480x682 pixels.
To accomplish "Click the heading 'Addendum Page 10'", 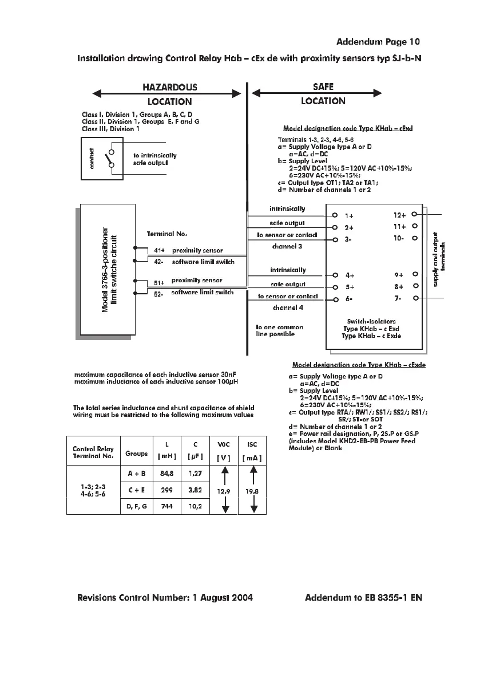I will click(x=378, y=41).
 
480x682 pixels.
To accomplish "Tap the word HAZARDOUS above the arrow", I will click(x=169, y=87).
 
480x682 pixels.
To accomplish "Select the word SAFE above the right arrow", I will click(x=323, y=86).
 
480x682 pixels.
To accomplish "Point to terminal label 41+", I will click(x=159, y=250).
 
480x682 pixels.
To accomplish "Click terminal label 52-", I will click(x=159, y=294).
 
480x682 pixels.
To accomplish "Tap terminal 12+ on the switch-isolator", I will click(x=399, y=215).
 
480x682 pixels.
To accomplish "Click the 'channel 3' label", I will click(x=288, y=247).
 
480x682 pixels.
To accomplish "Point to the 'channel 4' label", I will click(x=288, y=308).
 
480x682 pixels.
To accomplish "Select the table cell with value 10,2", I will click(x=196, y=506).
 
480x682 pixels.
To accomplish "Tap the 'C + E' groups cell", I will click(x=137, y=490).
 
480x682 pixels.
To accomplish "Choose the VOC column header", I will click(x=224, y=444).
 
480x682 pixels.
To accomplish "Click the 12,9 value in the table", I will click(x=224, y=491).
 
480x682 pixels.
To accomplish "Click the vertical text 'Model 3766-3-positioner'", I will click(x=105, y=270).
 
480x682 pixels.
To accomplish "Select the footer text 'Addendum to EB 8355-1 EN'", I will click(x=363, y=598).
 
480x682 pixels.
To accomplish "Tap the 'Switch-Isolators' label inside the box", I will click(x=371, y=321).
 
